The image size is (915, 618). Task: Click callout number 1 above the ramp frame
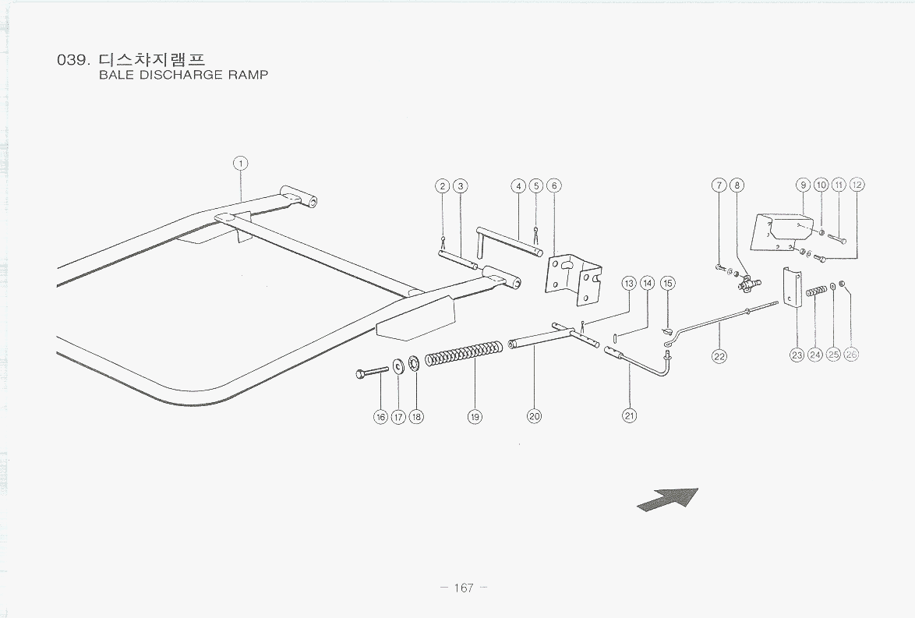240,164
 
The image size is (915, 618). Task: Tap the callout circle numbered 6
554,186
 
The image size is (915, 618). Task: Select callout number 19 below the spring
475,417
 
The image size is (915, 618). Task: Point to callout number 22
719,356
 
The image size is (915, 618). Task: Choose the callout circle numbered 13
629,284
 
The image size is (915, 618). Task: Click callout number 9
804,185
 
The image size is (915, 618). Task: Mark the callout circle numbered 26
851,355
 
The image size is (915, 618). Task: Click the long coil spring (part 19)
463,353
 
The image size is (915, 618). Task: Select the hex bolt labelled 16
372,372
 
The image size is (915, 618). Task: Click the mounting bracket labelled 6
573,279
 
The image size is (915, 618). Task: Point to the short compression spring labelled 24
816,290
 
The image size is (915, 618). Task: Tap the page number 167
463,588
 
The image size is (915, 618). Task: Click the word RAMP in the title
249,75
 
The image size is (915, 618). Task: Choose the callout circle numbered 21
629,415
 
